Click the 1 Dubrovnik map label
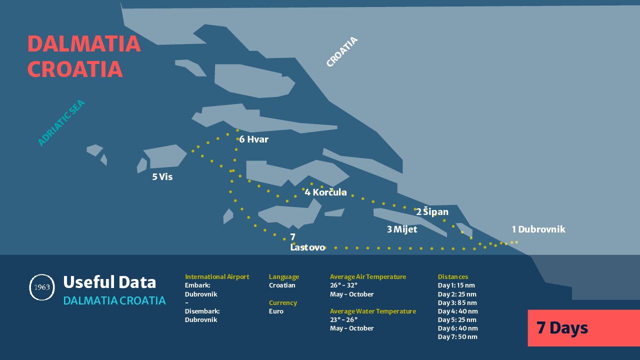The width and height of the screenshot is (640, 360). click(538, 229)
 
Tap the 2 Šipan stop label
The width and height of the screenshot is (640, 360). click(432, 211)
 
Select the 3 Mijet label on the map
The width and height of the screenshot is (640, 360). click(402, 229)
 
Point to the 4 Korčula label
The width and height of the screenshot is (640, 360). click(325, 191)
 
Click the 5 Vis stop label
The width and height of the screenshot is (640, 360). click(162, 177)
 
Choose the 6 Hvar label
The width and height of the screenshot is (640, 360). click(253, 139)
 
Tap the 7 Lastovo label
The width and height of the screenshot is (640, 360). click(307, 242)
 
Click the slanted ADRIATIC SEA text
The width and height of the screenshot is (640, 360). click(61, 122)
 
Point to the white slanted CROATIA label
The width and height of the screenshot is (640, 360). click(342, 51)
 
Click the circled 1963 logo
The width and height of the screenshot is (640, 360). click(42, 287)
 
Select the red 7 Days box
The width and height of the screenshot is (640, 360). click(583, 328)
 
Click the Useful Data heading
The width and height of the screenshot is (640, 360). click(109, 282)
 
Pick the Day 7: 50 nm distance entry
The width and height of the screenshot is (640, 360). click(457, 337)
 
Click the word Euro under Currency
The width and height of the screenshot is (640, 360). click(276, 311)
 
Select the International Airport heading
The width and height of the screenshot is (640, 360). click(217, 276)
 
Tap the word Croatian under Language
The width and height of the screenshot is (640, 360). click(282, 285)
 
